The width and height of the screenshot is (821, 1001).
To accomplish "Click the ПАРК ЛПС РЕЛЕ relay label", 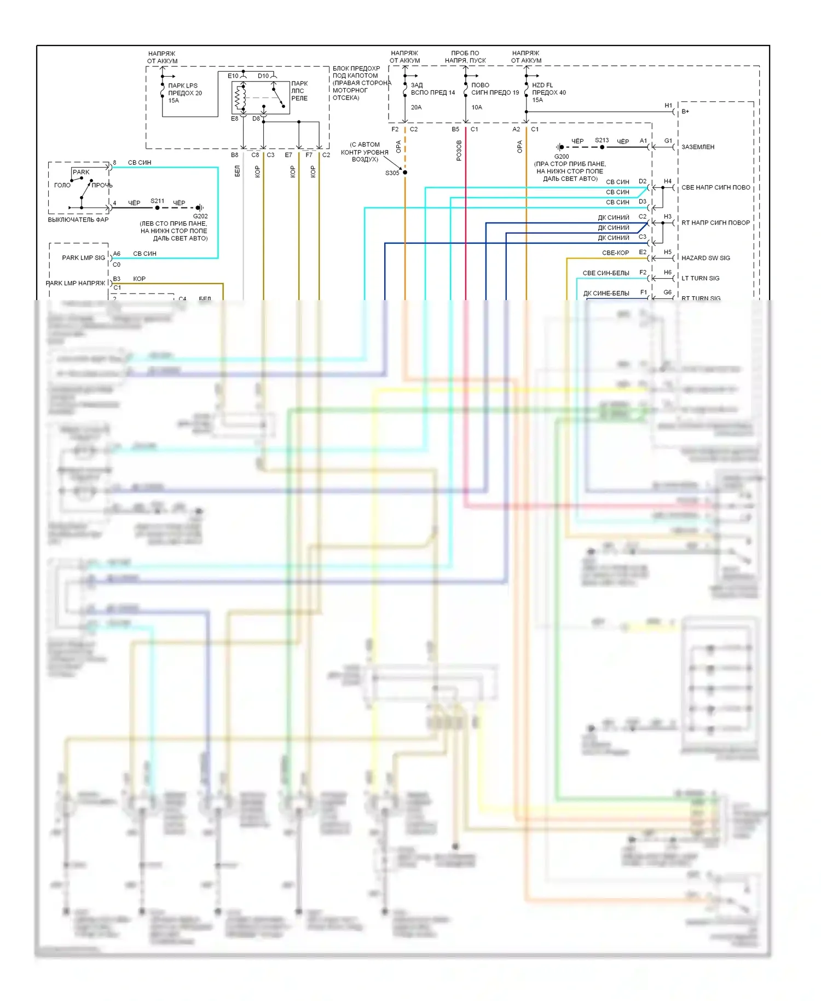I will click(299, 91).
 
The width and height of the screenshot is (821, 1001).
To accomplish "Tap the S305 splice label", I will click(392, 173).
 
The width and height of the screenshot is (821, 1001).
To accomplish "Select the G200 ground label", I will click(562, 157).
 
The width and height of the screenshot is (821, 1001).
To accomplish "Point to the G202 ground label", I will click(200, 216).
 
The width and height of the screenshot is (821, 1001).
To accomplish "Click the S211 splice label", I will click(157, 201).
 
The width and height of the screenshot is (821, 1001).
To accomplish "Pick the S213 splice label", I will click(602, 140).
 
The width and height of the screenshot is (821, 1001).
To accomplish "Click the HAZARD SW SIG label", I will click(706, 258).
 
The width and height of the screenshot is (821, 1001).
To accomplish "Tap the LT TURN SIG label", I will click(700, 278).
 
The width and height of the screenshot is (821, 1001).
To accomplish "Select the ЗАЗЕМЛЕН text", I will click(697, 147).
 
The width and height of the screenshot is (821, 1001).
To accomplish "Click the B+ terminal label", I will click(685, 112).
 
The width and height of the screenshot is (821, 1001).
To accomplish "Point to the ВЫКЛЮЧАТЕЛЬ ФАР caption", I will click(78, 220).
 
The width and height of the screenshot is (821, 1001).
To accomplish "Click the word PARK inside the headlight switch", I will click(81, 172).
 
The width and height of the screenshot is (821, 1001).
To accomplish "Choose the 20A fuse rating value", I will click(416, 107).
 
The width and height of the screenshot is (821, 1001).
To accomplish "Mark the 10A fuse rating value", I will click(477, 107).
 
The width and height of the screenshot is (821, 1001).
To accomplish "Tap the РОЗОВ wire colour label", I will click(459, 150).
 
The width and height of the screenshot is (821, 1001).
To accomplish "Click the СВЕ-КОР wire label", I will click(615, 253).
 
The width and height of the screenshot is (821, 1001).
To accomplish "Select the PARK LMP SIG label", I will click(83, 258).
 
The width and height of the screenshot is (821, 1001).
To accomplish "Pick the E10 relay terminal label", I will click(233, 76).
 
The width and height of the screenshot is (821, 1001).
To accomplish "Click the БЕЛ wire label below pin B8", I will click(237, 171).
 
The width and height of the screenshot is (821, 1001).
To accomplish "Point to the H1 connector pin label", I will click(668, 106).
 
